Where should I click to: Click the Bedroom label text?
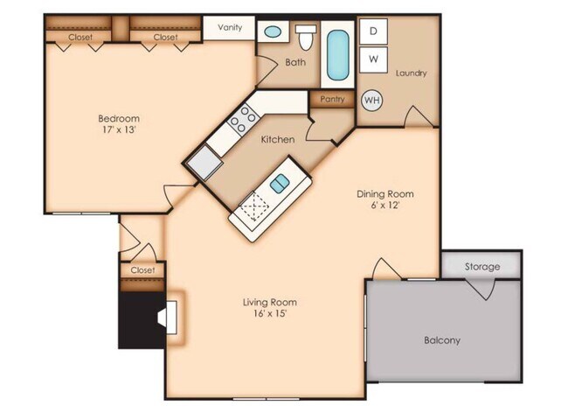pyautogui.click(x=118, y=118)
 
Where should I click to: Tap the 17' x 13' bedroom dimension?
pyautogui.click(x=118, y=131)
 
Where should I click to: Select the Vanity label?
pyautogui.click(x=229, y=27)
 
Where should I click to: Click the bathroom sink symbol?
pyautogui.click(x=273, y=32)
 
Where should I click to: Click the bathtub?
pyautogui.click(x=336, y=55)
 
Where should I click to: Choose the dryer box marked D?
pyautogui.click(x=374, y=31)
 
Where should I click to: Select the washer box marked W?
pyautogui.click(x=374, y=59)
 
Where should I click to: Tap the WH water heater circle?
pyautogui.click(x=371, y=100)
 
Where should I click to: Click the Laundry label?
pyautogui.click(x=411, y=73)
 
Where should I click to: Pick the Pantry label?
pyautogui.click(x=332, y=100)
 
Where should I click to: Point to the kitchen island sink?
pyautogui.click(x=280, y=183)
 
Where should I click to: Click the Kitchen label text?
pyautogui.click(x=278, y=140)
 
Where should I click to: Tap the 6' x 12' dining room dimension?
pyautogui.click(x=385, y=206)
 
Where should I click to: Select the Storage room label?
pyautogui.click(x=481, y=266)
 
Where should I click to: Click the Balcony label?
pyautogui.click(x=441, y=340)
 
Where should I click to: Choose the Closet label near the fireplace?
pyautogui.click(x=142, y=270)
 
